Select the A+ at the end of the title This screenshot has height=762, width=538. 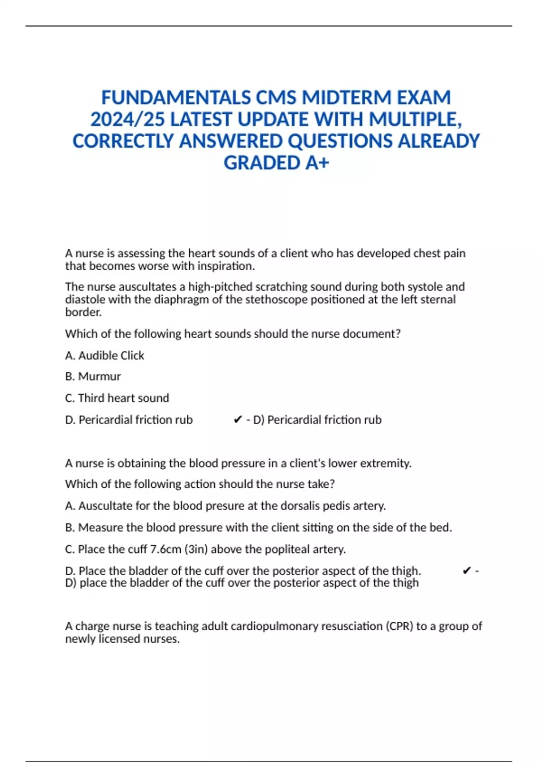317,163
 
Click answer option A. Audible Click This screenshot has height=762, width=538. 104,355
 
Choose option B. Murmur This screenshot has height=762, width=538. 93,377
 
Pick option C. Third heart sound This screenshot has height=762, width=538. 117,398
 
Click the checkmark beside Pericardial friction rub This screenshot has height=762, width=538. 238,420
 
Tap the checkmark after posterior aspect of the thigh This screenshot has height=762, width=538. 466,571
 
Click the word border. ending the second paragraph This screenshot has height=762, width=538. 83,312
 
